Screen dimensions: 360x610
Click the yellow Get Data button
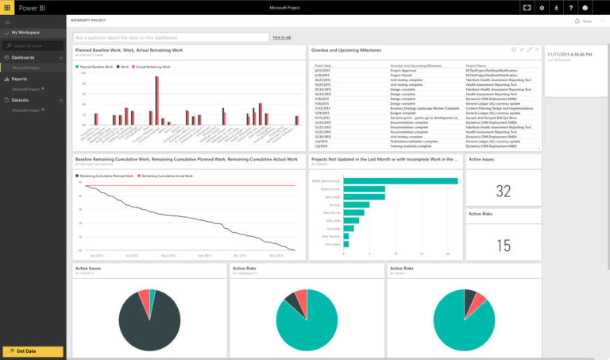coord(33,351)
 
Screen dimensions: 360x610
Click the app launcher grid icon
coord(7,7)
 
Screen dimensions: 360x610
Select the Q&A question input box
coord(171,37)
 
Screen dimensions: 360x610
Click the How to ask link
coord(282,37)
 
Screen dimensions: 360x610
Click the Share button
coord(584,21)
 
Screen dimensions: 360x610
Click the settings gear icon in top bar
coord(542,7)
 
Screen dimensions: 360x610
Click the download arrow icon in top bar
coord(556,7)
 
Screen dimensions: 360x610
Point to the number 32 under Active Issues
coord(503,191)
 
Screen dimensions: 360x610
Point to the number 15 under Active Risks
coord(503,246)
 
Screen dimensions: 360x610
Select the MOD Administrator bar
coord(400,180)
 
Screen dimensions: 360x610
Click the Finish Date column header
coord(323,66)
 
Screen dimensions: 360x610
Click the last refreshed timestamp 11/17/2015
coord(569,55)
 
